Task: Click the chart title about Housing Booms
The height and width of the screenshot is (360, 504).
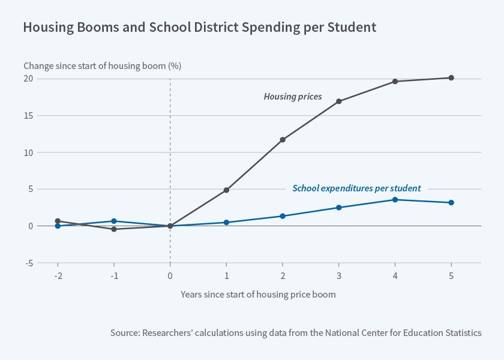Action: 199,27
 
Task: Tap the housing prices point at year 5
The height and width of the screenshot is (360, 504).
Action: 451,78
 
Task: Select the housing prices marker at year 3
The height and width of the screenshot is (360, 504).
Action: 339,101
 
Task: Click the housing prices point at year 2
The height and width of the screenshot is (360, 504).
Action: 283,140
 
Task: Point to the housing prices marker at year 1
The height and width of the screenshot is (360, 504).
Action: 226,190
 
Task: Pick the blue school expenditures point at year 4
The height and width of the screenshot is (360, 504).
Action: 395,200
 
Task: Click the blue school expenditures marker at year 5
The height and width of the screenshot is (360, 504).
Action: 451,203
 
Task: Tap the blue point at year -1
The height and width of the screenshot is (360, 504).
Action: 114,221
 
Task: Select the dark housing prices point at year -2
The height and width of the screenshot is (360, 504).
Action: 58,221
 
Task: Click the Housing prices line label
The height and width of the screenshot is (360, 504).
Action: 293,97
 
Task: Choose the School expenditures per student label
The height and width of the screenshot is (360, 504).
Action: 356,188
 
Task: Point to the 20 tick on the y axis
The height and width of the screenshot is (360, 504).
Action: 28,79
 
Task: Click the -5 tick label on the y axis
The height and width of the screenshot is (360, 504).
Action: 28,263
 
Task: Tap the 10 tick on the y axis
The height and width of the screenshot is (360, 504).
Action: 28,152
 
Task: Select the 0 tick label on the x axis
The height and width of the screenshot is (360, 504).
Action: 170,275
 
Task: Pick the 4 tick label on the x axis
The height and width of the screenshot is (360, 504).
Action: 395,275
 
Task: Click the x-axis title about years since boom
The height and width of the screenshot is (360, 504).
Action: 258,295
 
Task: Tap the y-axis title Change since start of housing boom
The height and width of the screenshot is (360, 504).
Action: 102,66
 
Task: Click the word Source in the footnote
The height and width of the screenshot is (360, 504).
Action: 124,332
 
